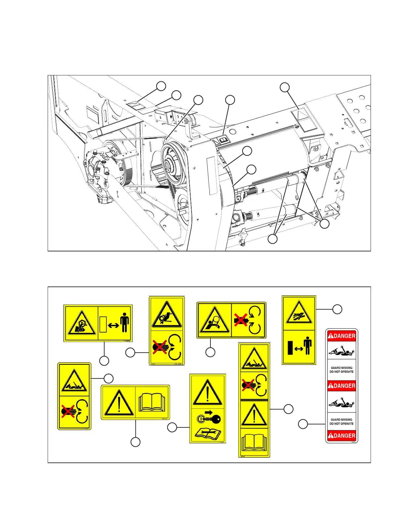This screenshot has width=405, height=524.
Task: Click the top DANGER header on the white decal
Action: click(x=342, y=336)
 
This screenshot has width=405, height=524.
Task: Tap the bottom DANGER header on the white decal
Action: click(x=342, y=436)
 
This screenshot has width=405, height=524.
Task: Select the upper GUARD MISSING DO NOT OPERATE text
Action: click(x=342, y=370)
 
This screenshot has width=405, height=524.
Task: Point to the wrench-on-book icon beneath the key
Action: click(x=207, y=433)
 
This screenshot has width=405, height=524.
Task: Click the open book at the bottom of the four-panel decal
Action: click(x=254, y=442)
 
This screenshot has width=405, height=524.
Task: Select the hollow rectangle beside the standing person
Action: click(x=103, y=324)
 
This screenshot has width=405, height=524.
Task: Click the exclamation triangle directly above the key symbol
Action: click(x=207, y=393)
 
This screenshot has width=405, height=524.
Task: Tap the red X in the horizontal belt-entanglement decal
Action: click(x=241, y=320)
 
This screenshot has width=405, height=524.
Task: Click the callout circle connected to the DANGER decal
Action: click(x=303, y=424)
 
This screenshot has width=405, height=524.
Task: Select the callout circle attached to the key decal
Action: click(x=172, y=427)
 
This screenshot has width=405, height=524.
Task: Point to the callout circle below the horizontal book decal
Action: click(x=135, y=442)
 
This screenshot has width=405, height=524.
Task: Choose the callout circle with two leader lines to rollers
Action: click(x=272, y=239)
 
